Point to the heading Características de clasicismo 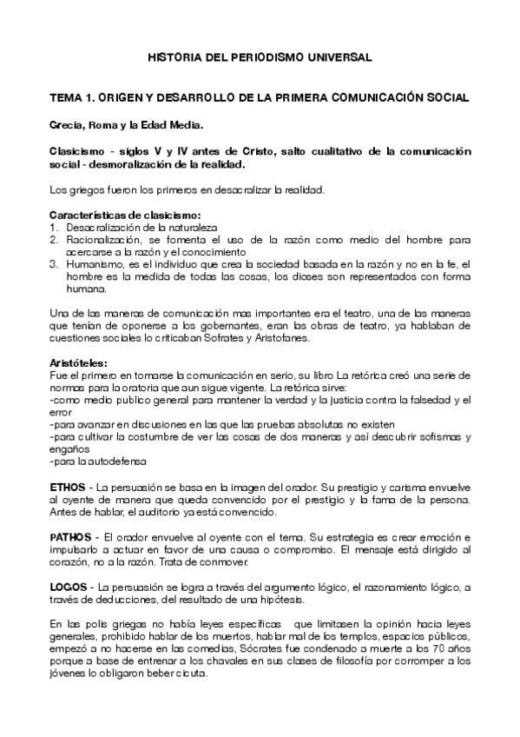pyautogui.click(x=125, y=215)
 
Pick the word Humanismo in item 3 pyautogui.click(x=95, y=262)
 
